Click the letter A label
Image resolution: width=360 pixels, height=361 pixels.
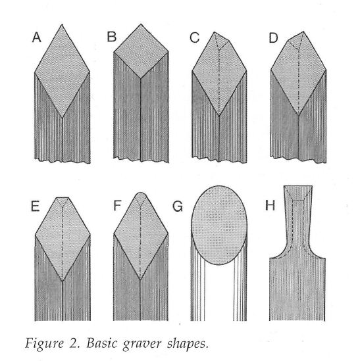[37, 37]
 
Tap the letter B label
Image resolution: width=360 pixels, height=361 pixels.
[112, 37]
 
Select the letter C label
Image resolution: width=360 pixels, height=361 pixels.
[195, 37]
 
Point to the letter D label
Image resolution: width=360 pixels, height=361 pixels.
[274, 37]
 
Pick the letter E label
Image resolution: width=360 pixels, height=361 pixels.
[35, 206]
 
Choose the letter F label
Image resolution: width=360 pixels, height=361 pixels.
[117, 206]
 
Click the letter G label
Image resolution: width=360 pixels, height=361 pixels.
[178, 206]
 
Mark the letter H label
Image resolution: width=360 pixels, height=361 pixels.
[270, 205]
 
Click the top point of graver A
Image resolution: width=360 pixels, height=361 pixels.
[62, 24]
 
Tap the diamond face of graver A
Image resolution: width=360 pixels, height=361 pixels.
[62, 72]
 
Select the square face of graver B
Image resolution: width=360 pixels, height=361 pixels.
[141, 51]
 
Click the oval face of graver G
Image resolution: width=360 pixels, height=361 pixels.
[219, 225]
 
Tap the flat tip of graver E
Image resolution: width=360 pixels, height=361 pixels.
[63, 197]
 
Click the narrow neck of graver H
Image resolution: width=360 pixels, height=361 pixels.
[297, 221]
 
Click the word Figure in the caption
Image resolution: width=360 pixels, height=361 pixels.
[44, 344]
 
